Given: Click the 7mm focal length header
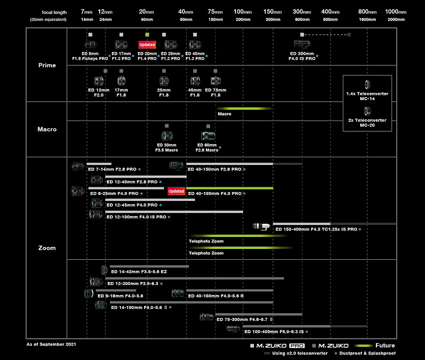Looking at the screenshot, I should (x=88, y=12).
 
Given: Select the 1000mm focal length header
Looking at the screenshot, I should (x=396, y=12).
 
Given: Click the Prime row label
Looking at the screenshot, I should (x=47, y=65).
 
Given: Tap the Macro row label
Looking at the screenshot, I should (x=47, y=129).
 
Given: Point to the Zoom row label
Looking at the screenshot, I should (x=47, y=248).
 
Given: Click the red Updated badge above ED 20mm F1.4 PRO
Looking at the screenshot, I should (x=147, y=45).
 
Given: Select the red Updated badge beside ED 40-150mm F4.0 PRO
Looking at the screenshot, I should (x=176, y=191).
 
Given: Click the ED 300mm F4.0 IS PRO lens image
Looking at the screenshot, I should (x=303, y=44).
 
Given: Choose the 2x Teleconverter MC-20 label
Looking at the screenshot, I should (x=367, y=122).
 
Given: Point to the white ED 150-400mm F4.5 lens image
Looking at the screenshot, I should (x=263, y=226).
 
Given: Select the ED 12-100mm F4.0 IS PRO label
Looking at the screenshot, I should (x=136, y=217).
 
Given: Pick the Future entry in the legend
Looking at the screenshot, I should (x=385, y=346).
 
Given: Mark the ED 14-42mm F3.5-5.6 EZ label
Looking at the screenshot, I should (x=139, y=272).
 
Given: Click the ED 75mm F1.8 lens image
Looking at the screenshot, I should (x=216, y=80).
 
